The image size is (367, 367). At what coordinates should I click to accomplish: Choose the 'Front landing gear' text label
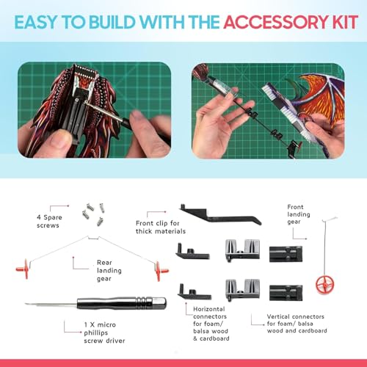307,217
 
